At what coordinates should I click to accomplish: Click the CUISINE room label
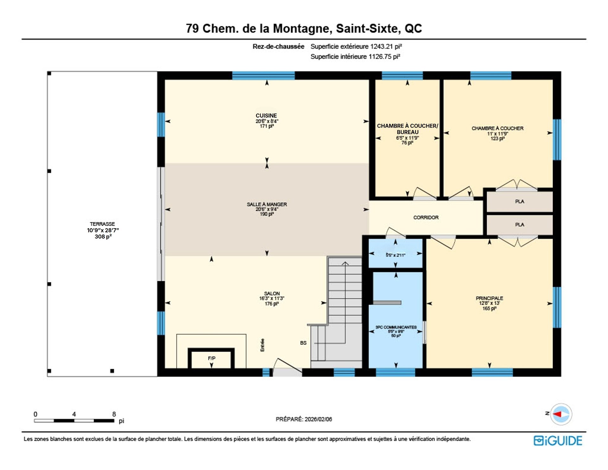pos(266,116)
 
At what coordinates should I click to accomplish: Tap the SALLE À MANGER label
pos(267,204)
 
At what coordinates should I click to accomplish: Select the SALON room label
pos(272,293)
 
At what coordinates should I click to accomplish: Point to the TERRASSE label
pos(102,224)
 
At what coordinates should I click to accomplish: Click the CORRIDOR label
pos(426,217)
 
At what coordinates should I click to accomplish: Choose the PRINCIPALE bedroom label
pos(489,298)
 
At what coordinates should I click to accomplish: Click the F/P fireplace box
pos(212,358)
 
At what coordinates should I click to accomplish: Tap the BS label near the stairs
pos(303,343)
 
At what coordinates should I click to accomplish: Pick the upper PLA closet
pos(519,202)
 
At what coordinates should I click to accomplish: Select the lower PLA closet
pos(519,225)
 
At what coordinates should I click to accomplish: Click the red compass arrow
pos(557,414)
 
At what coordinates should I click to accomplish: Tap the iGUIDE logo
pos(558,441)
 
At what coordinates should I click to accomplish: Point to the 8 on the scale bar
pos(114,414)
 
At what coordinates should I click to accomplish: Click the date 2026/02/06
pos(318,419)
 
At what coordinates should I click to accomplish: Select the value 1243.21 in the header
pos(382,47)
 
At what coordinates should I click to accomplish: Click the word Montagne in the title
pos(302,29)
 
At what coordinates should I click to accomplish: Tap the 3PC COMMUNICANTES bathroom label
pos(396,327)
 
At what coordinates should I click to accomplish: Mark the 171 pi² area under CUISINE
pos(267,126)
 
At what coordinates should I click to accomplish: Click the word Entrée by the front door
pos(262,345)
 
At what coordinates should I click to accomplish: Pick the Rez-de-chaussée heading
pos(278,47)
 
